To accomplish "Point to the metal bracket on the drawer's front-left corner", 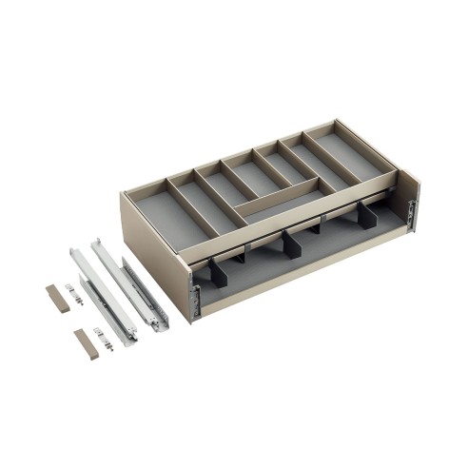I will [x=195, y=295].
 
